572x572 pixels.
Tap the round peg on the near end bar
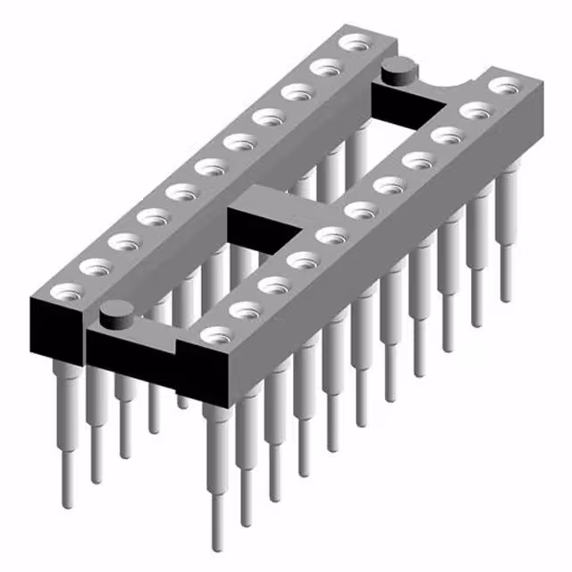tap(114, 313)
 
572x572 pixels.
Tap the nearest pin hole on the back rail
tap(67, 290)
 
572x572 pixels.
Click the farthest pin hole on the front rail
tap(506, 87)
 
